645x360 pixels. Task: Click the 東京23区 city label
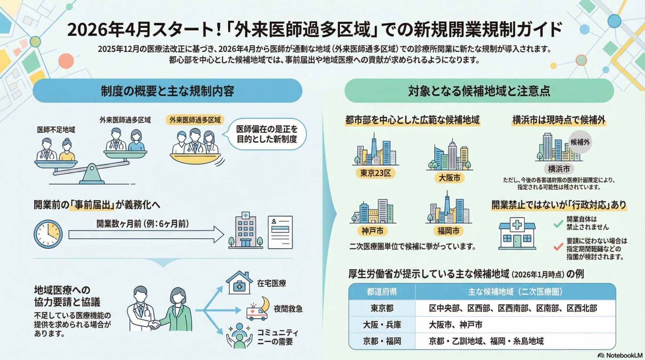(375, 173)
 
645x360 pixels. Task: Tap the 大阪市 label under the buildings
(449, 178)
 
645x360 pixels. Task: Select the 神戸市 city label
(372, 231)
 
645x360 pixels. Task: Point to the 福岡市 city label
(448, 231)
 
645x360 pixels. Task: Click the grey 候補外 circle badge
(580, 142)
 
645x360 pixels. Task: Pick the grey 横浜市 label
(559, 169)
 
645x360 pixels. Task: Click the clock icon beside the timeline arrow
(48, 234)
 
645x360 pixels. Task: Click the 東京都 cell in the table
(382, 308)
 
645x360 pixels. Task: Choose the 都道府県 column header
(382, 291)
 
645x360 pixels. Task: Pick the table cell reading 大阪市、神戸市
(456, 325)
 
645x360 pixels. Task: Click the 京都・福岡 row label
(382, 341)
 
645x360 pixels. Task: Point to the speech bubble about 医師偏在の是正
(267, 134)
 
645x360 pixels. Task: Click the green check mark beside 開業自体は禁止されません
(558, 224)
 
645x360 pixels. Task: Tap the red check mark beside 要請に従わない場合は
(558, 247)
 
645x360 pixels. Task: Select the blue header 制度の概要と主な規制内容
(167, 91)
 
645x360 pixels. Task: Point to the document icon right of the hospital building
(280, 232)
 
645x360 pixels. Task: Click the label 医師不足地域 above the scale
(56, 130)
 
